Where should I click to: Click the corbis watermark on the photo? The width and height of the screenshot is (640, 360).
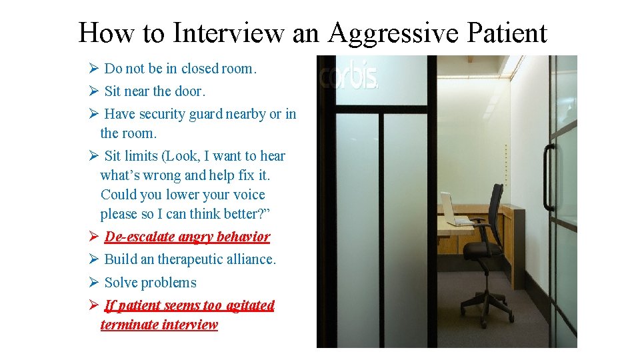(x=349, y=77)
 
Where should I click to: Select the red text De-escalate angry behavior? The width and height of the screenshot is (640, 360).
(x=187, y=237)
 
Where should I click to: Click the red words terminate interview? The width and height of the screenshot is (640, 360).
(x=159, y=325)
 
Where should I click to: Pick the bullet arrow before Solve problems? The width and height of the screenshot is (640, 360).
(x=93, y=283)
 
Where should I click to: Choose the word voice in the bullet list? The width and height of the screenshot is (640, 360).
(x=249, y=195)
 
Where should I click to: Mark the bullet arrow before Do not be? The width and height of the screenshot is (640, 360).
(x=93, y=68)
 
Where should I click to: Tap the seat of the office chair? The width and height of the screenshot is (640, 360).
(x=485, y=251)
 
